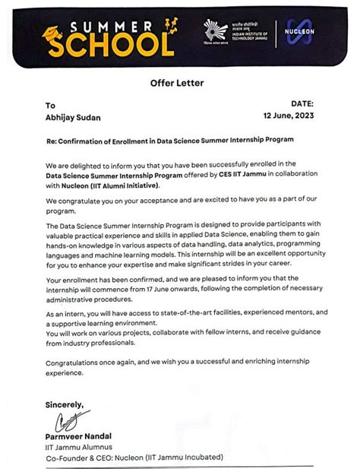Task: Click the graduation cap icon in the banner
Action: tap(55, 33)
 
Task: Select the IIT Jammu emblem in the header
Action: tap(215, 31)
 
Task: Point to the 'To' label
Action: tap(51, 106)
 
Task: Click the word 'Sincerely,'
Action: tap(65, 404)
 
